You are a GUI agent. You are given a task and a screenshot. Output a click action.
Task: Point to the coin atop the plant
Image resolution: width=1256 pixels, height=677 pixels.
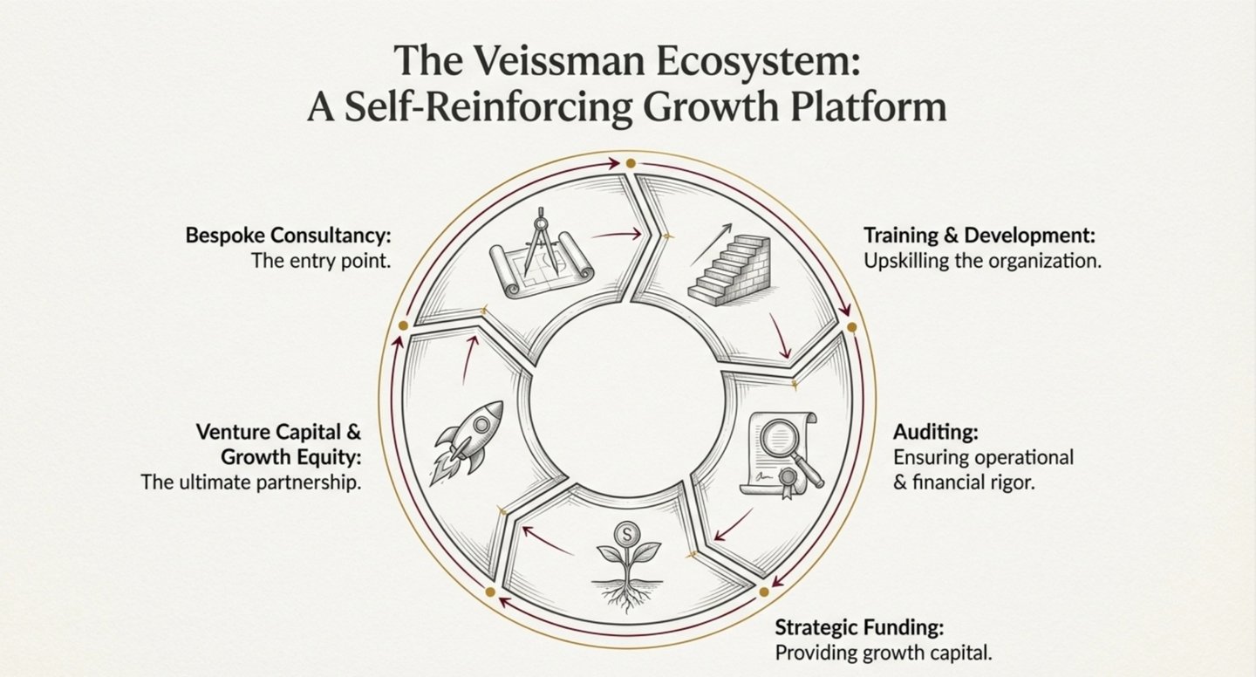[625, 532]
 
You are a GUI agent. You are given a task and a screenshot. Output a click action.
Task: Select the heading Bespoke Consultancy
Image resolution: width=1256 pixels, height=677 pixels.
[287, 236]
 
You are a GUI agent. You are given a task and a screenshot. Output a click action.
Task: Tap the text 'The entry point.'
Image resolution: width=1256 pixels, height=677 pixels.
[320, 260]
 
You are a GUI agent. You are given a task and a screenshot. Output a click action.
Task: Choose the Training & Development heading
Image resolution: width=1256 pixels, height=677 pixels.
[979, 236]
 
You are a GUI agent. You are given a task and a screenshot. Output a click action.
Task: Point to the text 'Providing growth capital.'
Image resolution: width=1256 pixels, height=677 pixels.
[884, 653]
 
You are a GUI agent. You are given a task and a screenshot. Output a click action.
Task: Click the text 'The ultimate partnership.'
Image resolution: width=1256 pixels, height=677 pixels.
[251, 482]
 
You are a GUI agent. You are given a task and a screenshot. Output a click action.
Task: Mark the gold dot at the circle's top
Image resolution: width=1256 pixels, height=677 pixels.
[629, 163]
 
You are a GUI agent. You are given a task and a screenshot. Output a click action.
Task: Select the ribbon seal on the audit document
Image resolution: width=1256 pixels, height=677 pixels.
[790, 481]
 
